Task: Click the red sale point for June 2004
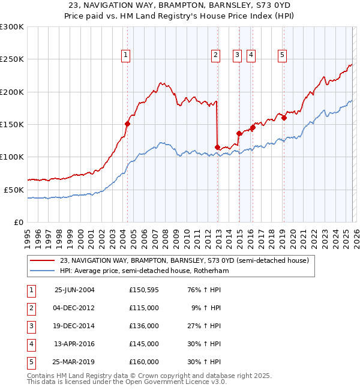coord(127,124)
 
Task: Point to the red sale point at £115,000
coord(217,147)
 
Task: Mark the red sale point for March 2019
coord(284,118)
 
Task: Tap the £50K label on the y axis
coord(14,190)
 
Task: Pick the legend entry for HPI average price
coord(144,271)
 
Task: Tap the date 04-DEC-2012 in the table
coord(74,308)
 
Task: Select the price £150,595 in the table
coord(144,290)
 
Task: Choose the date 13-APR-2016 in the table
coord(74,344)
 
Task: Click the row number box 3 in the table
coord(31,326)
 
